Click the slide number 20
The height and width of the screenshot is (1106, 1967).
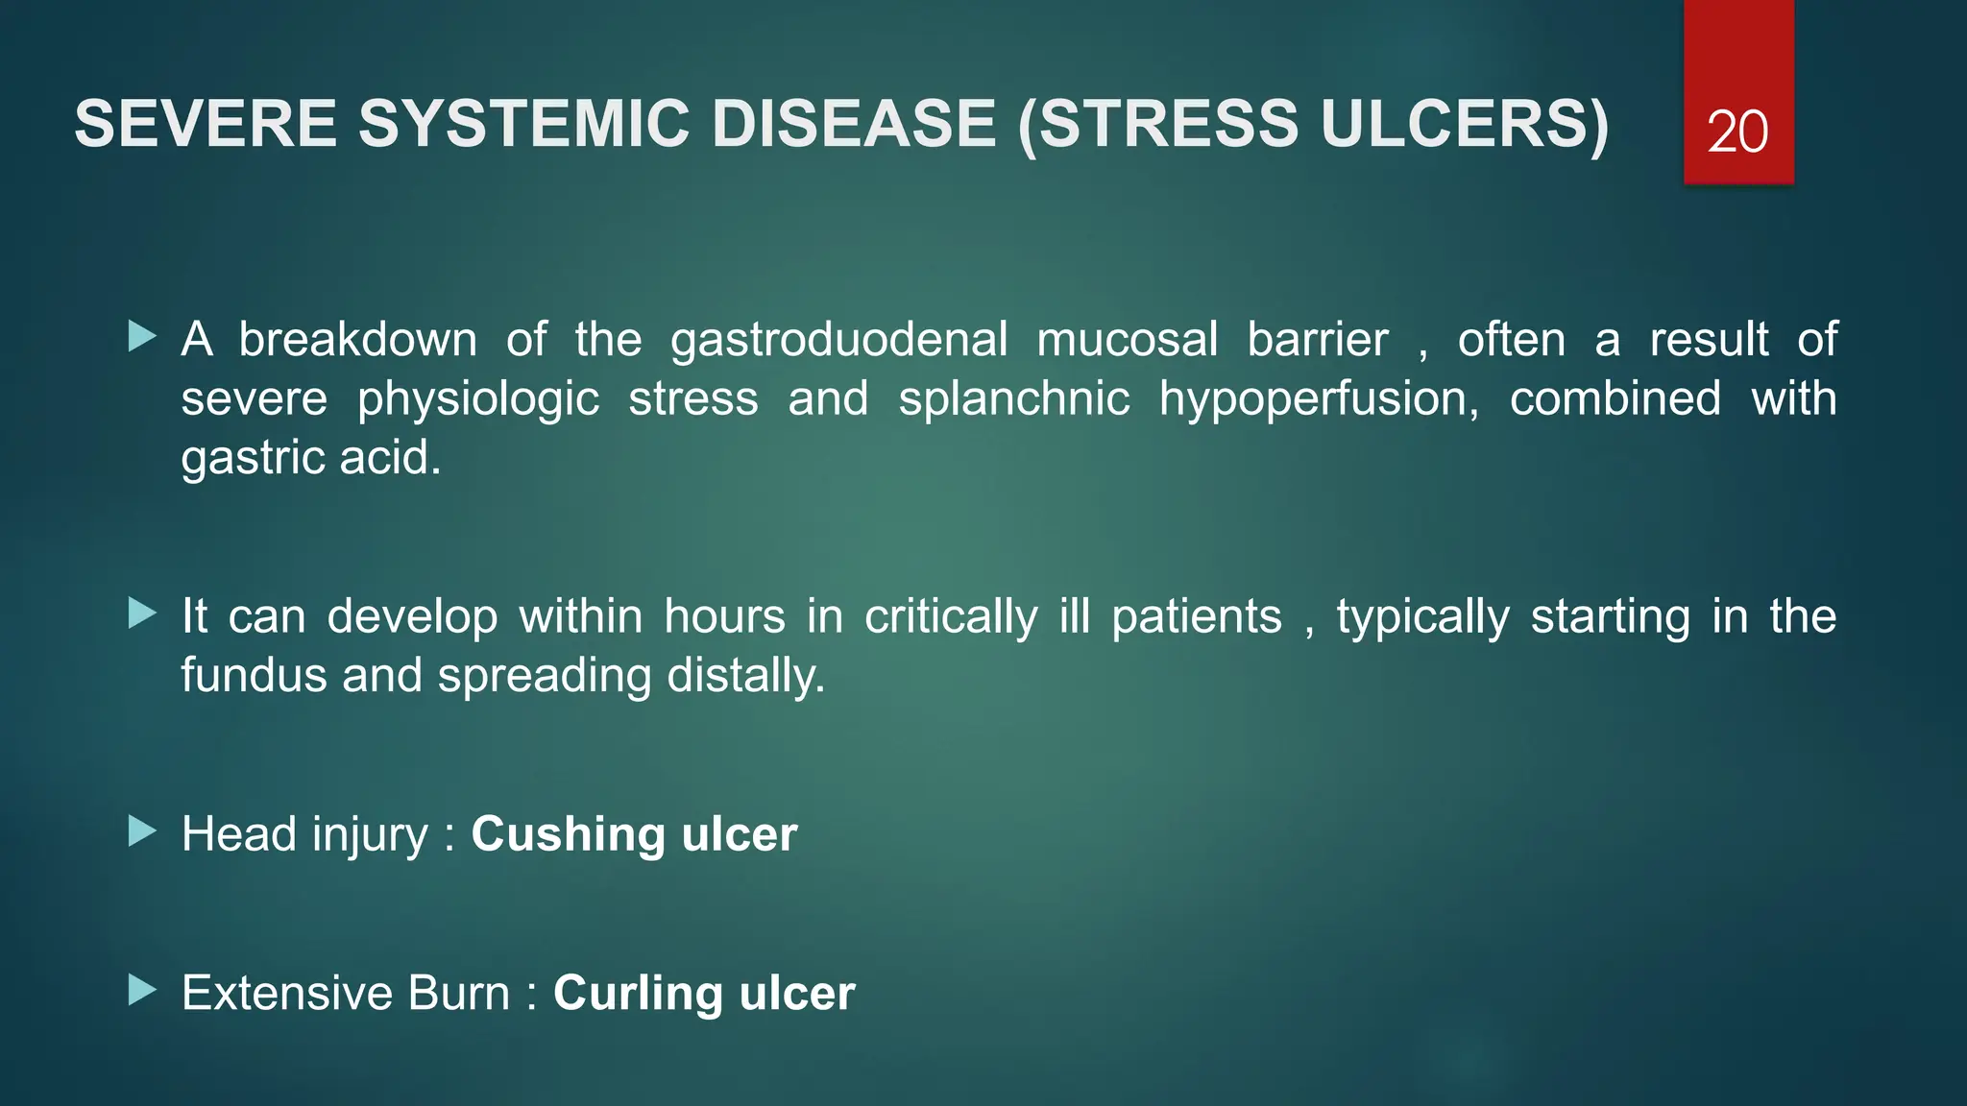click(1737, 132)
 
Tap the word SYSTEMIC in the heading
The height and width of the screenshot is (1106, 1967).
click(524, 124)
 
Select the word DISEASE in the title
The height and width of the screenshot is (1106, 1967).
click(854, 124)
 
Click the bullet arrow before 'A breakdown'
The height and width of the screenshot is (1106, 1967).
click(142, 336)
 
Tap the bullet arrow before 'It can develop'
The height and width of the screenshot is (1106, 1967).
click(142, 613)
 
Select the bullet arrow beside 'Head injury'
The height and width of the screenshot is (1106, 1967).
click(142, 831)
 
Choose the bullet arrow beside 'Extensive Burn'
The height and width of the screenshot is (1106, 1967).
click(142, 990)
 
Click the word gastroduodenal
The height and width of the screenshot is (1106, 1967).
click(838, 341)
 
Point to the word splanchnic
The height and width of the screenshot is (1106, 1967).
click(1013, 399)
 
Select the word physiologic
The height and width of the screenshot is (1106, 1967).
click(478, 399)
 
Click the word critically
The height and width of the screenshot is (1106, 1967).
click(951, 616)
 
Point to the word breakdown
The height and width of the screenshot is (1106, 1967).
click(357, 340)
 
